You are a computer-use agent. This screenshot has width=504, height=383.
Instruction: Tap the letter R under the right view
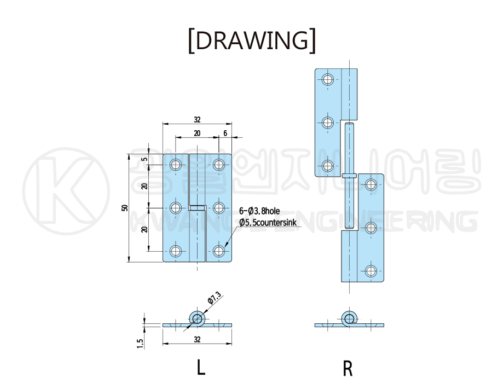348,368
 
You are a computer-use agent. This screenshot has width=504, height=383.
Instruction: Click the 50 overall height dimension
125,208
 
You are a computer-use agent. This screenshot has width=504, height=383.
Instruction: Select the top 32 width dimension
197,120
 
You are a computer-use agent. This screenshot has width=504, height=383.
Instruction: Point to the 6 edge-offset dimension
225,133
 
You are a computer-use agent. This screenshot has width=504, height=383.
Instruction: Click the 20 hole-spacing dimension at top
197,133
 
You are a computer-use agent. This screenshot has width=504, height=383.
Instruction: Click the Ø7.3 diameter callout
214,299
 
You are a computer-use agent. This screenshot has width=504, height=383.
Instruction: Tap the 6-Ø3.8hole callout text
259,211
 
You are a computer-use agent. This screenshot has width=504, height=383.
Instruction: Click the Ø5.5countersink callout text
268,222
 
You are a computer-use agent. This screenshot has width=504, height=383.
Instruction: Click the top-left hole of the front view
176,164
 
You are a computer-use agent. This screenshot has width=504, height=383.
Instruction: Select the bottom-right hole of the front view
219,251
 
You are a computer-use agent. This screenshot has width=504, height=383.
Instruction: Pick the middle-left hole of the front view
176,207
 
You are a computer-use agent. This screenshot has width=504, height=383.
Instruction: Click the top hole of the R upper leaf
327,79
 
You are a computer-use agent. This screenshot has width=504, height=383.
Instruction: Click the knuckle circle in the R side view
349,318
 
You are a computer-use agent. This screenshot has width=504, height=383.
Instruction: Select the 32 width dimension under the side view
197,340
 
